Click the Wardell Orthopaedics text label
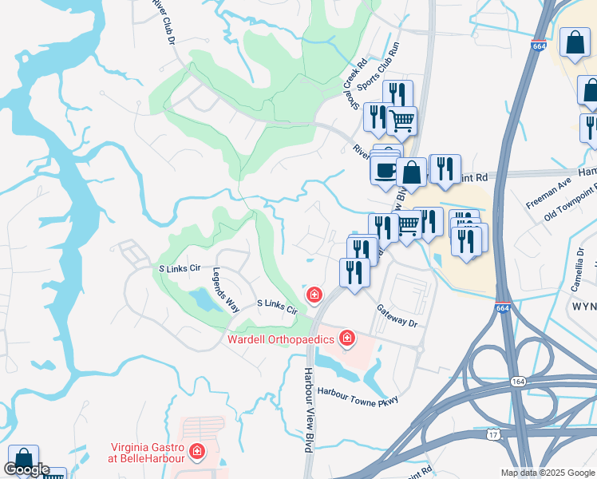(281, 339)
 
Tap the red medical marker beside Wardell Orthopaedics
(346, 339)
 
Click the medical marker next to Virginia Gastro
(197, 453)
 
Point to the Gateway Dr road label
(397, 318)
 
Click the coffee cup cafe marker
(385, 168)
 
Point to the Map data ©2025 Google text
(547, 473)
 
